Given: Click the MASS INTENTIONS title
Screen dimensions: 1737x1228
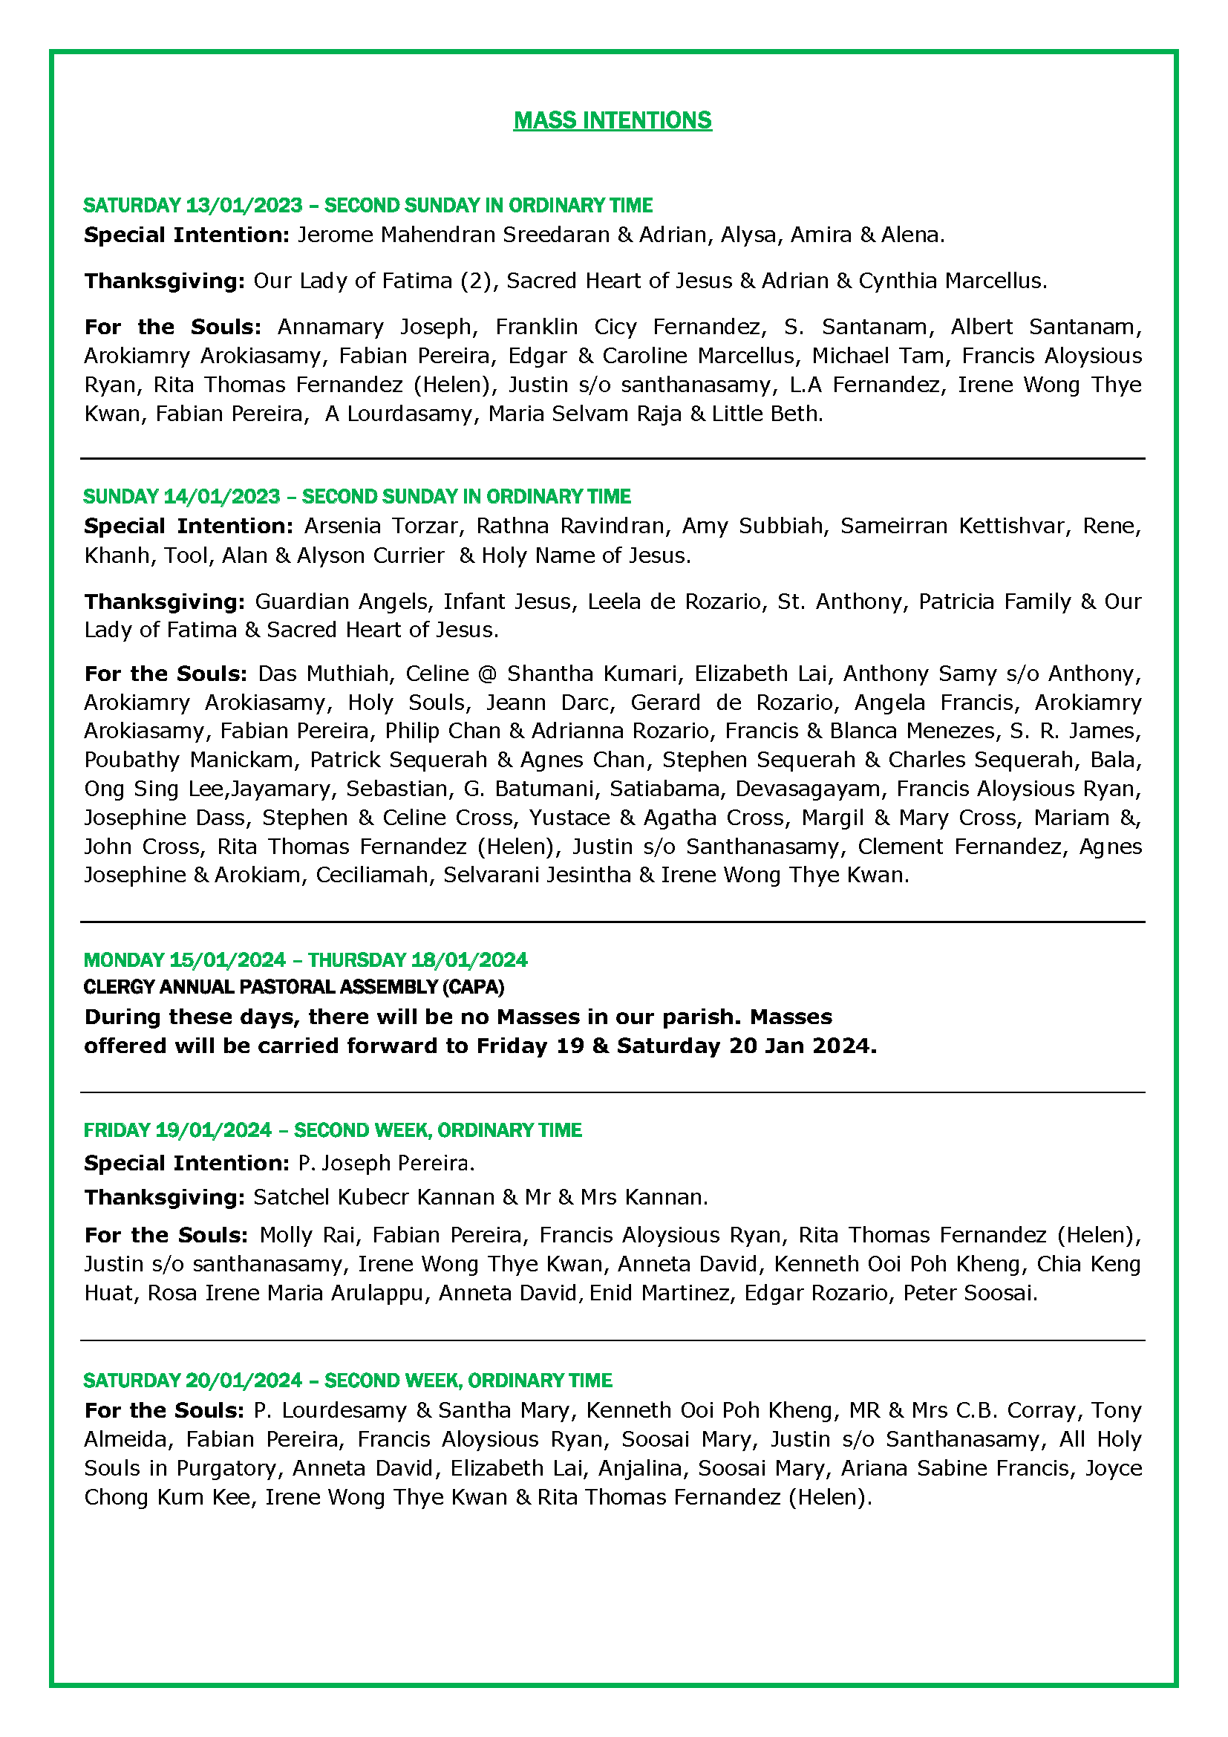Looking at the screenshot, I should (613, 120).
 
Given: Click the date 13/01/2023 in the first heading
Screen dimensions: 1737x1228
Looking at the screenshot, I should (244, 205).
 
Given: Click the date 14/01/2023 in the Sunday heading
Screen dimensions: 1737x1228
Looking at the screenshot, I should (222, 496).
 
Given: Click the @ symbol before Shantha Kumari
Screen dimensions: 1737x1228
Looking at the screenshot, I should (488, 674).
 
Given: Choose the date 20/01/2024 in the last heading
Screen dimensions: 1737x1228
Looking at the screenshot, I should (244, 1381).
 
